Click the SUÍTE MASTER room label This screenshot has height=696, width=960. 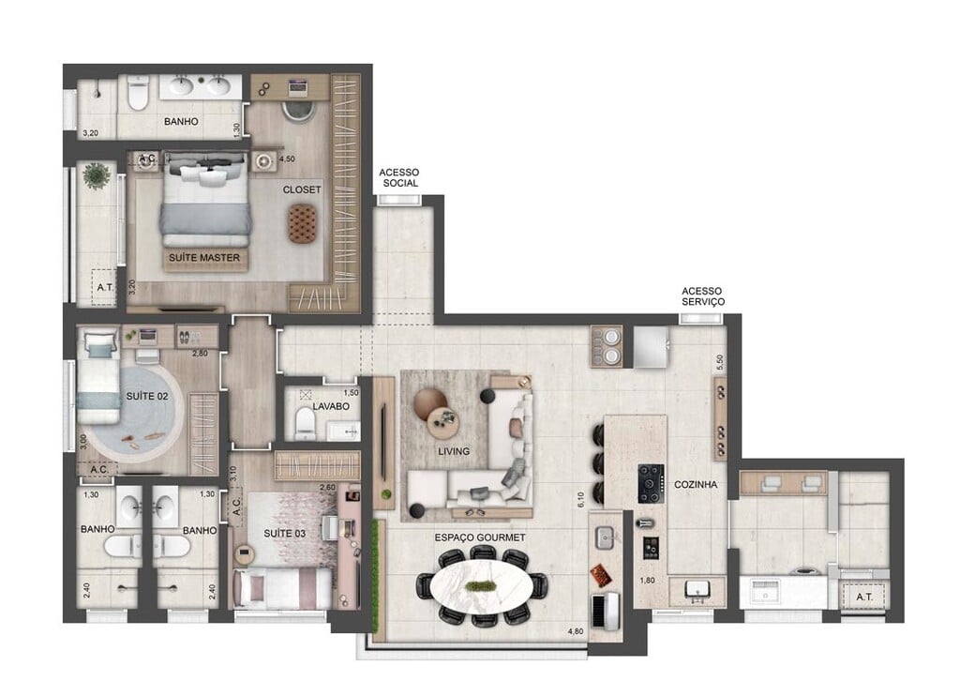click(204, 258)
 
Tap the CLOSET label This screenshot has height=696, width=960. click(302, 189)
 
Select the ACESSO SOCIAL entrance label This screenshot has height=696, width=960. click(399, 178)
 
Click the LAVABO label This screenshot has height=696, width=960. click(331, 407)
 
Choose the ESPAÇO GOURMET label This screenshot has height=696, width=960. click(479, 537)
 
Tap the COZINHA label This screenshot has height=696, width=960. click(695, 485)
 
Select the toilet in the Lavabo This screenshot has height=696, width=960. click(305, 425)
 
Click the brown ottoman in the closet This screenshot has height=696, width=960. click(303, 224)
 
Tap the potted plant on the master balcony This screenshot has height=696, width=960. click(96, 174)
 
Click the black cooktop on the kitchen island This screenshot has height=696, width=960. click(651, 483)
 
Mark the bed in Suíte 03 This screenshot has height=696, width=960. click(282, 588)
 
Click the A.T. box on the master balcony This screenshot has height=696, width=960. click(103, 289)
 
